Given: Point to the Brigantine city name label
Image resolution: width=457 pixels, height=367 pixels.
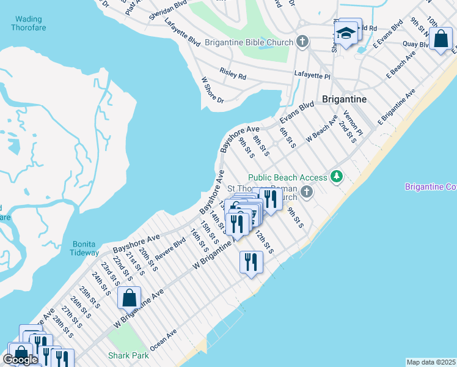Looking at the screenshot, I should pos(344,99).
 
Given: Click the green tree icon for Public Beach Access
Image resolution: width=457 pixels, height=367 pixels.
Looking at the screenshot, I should pos(336,177).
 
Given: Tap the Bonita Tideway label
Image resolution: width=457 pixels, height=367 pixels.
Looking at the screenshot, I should pos(84,248).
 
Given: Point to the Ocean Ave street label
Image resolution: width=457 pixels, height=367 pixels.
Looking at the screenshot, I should pos(163,339).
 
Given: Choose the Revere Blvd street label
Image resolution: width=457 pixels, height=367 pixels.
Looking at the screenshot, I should pos(171,245).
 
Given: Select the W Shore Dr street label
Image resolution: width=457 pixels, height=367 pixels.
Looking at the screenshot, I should pos(213,90).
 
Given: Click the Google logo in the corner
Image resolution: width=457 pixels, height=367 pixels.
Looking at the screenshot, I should pos(20,360).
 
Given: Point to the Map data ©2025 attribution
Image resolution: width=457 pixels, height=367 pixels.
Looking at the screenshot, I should pos(431,362).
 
